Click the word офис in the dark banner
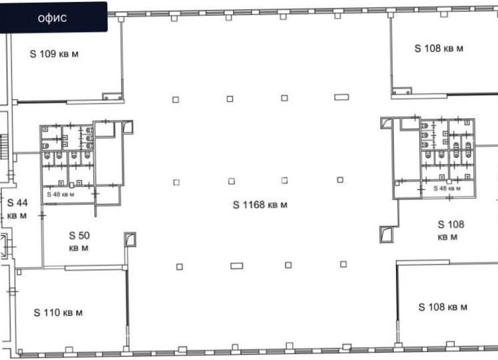point(52,18)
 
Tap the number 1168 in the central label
point(253,205)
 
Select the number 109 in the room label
point(48,54)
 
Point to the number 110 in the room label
point(52,313)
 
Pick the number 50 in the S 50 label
point(84,235)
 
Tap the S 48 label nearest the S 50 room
point(61,194)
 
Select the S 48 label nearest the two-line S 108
point(447,188)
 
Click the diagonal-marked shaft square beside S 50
point(130,239)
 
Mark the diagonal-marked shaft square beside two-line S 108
point(387,235)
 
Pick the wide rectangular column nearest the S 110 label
point(237,265)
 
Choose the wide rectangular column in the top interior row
point(341,97)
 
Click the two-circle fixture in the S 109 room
point(113,96)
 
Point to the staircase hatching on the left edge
point(3,147)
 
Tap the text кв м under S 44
point(17,216)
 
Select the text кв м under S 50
point(79,248)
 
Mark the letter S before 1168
point(236,205)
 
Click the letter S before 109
point(33,54)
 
